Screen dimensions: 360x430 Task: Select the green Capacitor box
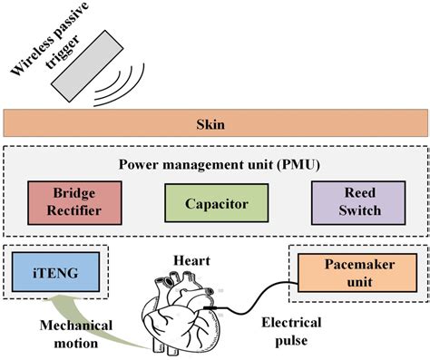tap(215, 200)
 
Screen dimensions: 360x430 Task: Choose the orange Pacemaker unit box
tap(356, 271)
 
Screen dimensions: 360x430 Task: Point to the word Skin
tap(214, 122)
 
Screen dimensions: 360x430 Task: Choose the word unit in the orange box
tap(356, 280)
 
